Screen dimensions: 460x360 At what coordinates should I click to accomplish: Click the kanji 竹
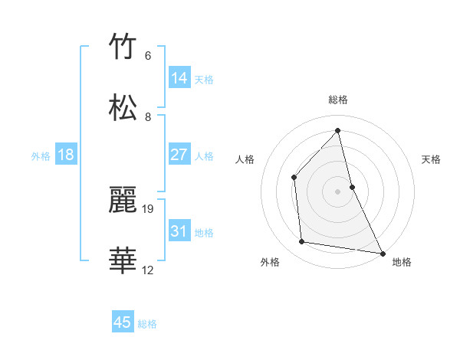(x=123, y=47)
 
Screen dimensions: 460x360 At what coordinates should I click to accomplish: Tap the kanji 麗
(x=123, y=201)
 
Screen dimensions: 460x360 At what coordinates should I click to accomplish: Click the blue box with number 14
(x=179, y=78)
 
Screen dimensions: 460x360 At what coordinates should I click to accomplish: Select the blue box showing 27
(x=179, y=155)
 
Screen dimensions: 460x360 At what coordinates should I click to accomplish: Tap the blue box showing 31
(x=179, y=231)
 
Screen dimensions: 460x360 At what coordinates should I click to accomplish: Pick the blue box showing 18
(x=66, y=155)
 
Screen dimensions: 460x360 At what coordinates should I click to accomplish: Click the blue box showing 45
(x=123, y=322)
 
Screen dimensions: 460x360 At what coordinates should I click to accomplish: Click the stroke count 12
(x=148, y=270)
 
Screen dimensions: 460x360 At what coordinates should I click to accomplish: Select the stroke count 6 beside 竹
(x=148, y=55)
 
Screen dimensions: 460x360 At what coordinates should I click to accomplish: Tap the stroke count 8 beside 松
(x=148, y=116)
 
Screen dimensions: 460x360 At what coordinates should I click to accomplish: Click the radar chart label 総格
(x=338, y=100)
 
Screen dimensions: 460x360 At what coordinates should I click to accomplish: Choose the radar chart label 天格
(x=431, y=159)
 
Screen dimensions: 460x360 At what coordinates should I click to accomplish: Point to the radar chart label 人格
(x=245, y=159)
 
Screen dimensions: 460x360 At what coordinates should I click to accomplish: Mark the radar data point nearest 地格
(x=382, y=252)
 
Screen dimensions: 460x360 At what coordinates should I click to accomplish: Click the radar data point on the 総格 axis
(x=338, y=131)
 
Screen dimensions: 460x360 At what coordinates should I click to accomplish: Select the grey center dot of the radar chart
(x=338, y=191)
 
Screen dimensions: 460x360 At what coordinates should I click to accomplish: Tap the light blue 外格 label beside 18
(x=41, y=155)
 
